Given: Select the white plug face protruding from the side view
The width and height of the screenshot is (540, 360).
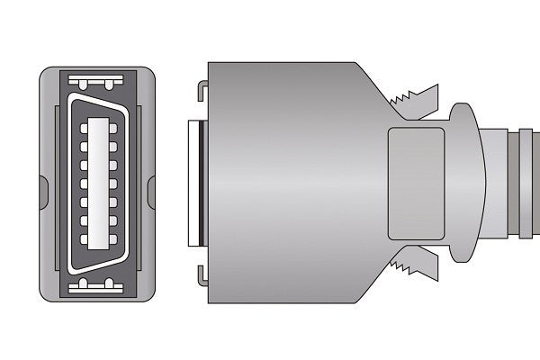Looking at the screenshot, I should tap(193, 180).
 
